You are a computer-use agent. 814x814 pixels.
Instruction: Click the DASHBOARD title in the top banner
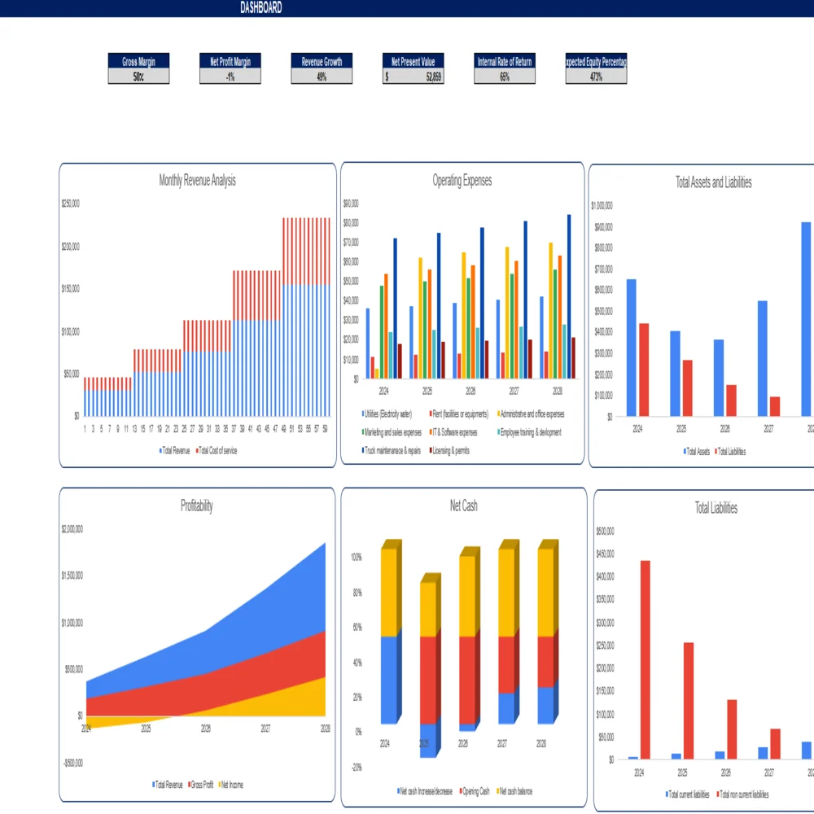261,7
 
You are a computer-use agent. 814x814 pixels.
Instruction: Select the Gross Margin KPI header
138,62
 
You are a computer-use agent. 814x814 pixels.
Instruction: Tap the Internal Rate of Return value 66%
505,77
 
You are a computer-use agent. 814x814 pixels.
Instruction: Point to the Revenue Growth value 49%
322,77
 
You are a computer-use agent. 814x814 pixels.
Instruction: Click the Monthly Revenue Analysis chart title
197,181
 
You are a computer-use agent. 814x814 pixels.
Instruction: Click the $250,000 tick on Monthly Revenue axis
70,203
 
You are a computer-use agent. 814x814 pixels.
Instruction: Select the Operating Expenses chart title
462,181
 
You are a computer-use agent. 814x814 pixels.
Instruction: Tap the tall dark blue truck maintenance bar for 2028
569,296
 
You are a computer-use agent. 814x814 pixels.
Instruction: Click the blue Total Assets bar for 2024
631,348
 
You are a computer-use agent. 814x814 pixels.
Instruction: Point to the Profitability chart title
197,506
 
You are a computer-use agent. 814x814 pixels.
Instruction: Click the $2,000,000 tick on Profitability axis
72,529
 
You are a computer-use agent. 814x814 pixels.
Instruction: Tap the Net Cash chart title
463,506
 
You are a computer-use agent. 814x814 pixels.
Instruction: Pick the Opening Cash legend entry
475,790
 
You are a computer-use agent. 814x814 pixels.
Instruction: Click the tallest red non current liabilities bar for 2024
645,659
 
